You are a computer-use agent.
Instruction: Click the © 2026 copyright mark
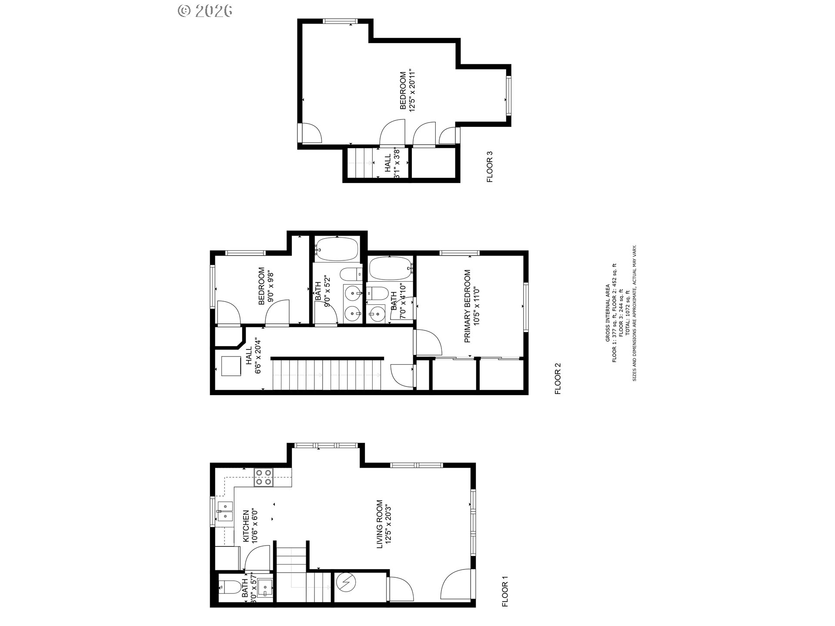205,10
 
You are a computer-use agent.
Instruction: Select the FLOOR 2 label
558,379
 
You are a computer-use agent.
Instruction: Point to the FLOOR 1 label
505,591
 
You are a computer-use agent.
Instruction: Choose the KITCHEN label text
246,526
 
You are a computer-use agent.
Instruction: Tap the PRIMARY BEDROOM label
468,306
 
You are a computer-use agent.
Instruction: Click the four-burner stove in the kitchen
264,477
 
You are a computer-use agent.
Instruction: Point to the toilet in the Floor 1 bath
228,588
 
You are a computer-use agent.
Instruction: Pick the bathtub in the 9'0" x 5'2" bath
336,249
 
